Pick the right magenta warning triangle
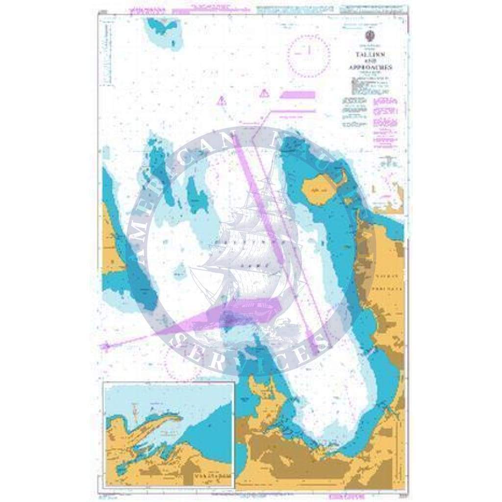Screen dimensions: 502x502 pos(265,93)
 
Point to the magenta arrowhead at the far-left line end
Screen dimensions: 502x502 pos(104,346)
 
